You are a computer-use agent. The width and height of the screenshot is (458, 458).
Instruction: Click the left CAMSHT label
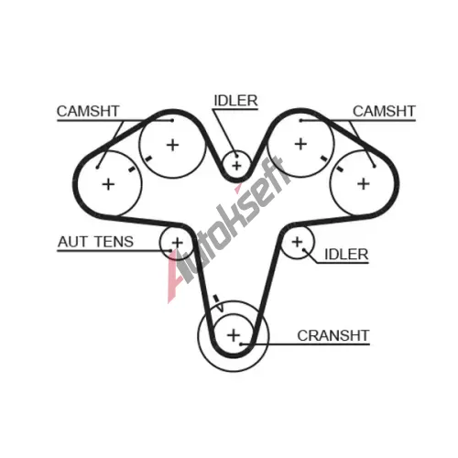[x=88, y=111]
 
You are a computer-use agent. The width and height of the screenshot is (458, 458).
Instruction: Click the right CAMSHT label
[x=384, y=111]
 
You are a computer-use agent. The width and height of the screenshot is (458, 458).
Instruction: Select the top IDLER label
[x=235, y=101]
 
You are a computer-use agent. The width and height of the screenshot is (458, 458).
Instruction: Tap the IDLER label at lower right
[x=346, y=255]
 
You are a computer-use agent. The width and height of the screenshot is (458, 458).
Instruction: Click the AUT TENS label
[x=95, y=242]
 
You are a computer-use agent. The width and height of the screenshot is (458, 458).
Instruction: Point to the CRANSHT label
[x=333, y=335]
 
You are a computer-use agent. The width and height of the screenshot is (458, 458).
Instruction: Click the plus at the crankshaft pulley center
[x=234, y=335]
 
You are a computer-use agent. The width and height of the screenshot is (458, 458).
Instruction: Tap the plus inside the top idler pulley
[x=236, y=166]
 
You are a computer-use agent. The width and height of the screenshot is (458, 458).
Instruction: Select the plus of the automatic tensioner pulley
[x=177, y=243]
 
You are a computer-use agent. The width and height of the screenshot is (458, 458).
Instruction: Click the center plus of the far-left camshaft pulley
[x=108, y=184]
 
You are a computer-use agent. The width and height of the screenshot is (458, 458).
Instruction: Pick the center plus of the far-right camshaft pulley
[x=364, y=184]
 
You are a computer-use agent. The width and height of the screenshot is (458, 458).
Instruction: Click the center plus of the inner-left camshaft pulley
[x=172, y=145]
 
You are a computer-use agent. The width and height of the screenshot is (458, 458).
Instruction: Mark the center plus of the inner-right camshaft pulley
[x=300, y=144]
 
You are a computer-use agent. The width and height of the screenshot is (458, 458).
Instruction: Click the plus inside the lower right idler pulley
[x=297, y=243]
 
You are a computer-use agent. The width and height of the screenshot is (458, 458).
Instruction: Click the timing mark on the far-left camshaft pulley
[x=132, y=169]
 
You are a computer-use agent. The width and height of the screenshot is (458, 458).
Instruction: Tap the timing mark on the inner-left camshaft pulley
[x=148, y=158]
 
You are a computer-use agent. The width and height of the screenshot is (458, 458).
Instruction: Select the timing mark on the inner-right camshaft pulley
[x=324, y=158]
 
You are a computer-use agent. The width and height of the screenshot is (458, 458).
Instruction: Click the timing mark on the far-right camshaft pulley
[x=339, y=169]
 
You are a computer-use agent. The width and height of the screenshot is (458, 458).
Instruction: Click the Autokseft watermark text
[x=226, y=229]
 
